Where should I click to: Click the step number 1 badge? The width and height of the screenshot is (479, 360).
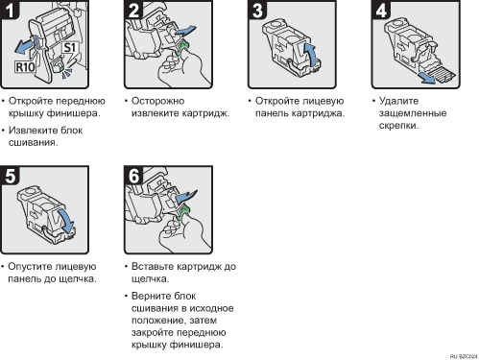pyautogui.click(x=10, y=10)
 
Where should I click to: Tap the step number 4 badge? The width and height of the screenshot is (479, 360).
pyautogui.click(x=381, y=10)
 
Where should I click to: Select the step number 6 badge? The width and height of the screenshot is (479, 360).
pyautogui.click(x=133, y=176)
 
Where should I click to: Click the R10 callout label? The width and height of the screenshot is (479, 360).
pyautogui.click(x=25, y=67)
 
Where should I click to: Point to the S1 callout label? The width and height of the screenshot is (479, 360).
pyautogui.click(x=70, y=47)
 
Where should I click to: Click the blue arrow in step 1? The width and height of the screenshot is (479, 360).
pyautogui.click(x=25, y=46)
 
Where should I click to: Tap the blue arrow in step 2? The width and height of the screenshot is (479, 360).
pyautogui.click(x=185, y=31)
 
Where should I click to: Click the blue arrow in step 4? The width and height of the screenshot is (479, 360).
pyautogui.click(x=428, y=78)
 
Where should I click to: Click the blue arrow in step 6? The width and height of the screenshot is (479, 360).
pyautogui.click(x=186, y=196)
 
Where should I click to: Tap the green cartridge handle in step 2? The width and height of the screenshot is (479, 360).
pyautogui.click(x=182, y=47)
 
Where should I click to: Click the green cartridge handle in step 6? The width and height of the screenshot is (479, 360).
pyautogui.click(x=182, y=212)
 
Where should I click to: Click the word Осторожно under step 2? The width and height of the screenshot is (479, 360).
pyautogui.click(x=158, y=101)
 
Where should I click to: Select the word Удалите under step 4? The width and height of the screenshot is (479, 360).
pyautogui.click(x=398, y=101)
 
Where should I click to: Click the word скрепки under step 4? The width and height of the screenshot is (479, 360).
pyautogui.click(x=398, y=126)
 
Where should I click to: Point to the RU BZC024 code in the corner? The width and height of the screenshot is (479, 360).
pyautogui.click(x=464, y=356)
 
